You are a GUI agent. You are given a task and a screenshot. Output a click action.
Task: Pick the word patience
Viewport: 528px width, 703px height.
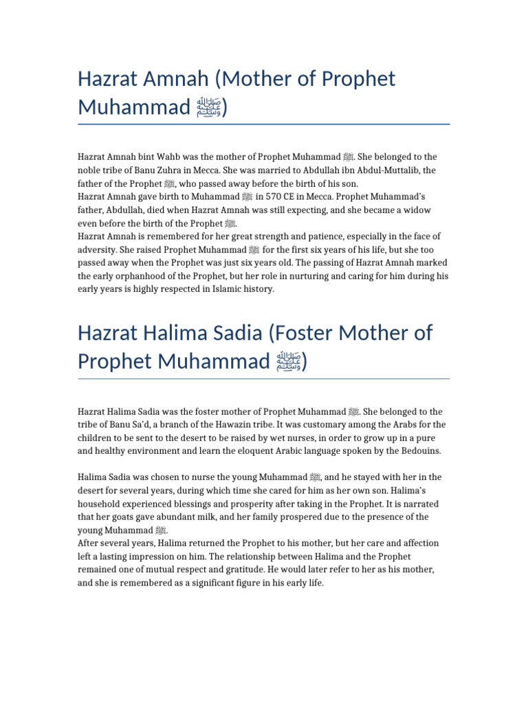tap(353, 236)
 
